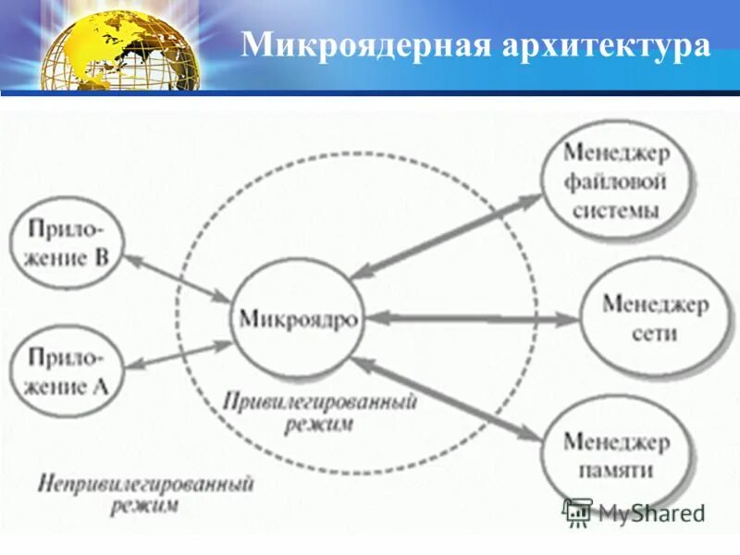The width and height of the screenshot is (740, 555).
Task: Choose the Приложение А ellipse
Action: click(65, 369)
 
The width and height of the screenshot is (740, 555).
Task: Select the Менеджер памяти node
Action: click(617, 454)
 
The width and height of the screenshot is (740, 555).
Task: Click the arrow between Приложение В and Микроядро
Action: click(177, 277)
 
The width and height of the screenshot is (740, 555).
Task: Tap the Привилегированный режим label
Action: click(319, 413)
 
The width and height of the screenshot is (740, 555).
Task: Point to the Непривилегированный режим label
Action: click(145, 494)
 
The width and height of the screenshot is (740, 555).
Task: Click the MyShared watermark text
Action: click(651, 512)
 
